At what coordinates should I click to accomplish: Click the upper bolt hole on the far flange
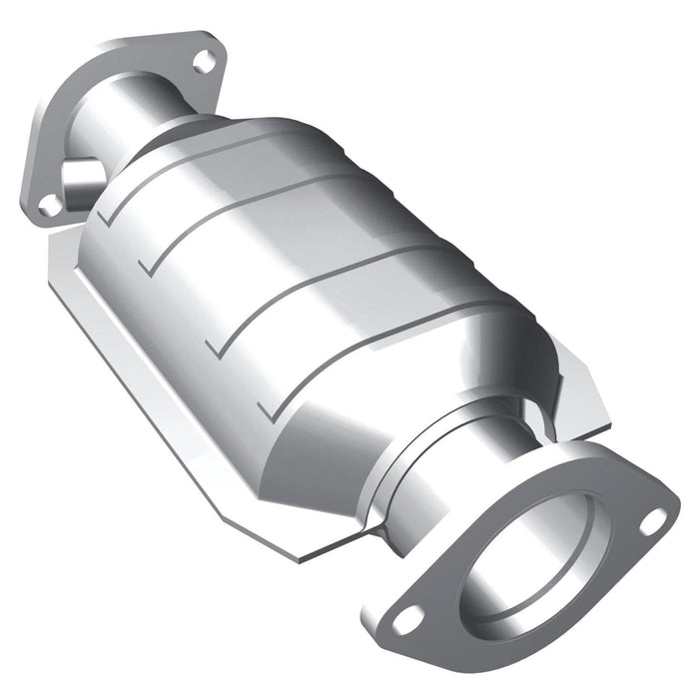(203, 62)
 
